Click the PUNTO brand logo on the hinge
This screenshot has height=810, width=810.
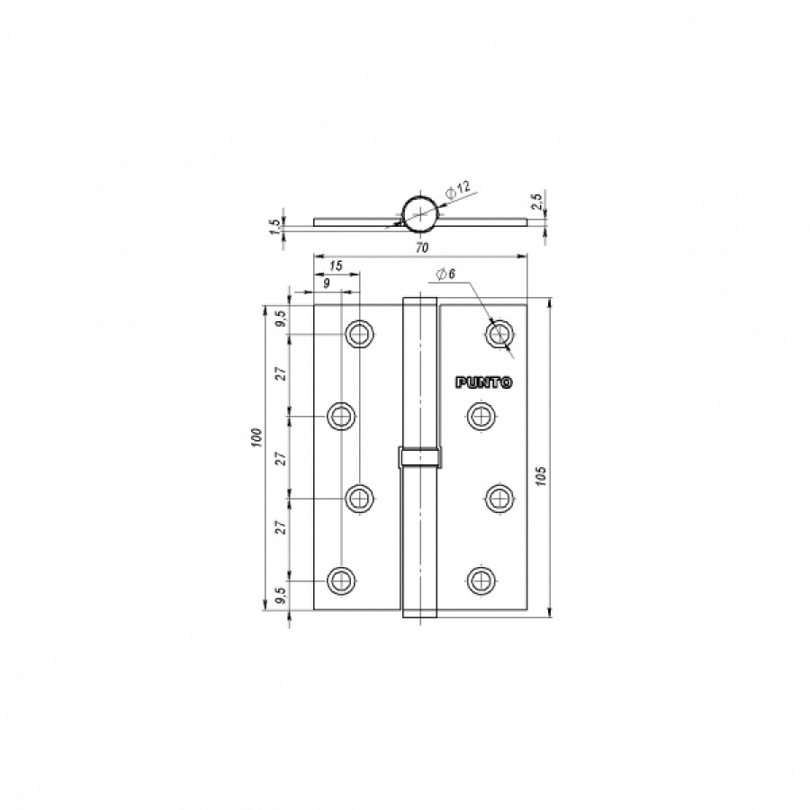(x=484, y=382)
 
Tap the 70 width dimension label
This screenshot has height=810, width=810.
(x=422, y=248)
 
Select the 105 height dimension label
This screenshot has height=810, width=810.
(x=541, y=476)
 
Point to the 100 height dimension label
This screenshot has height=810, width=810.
(x=258, y=437)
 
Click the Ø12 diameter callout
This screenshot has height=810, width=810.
(x=458, y=189)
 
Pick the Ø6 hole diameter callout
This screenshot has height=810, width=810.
(x=445, y=274)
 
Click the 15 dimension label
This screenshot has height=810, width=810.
(x=336, y=266)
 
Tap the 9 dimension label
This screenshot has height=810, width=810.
(x=326, y=283)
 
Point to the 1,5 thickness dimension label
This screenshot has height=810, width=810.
(x=274, y=226)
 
